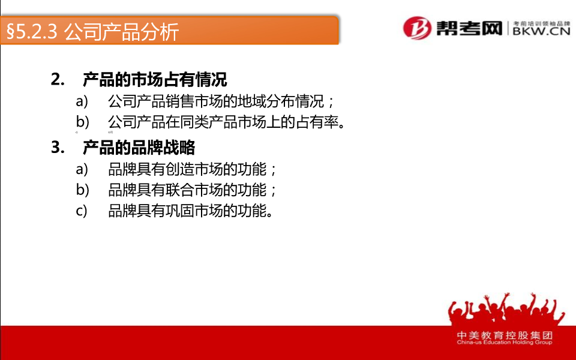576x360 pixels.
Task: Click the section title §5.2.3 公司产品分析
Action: pyautogui.click(x=92, y=31)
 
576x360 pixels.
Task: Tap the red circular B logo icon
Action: pyautogui.click(x=418, y=28)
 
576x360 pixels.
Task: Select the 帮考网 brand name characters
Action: pyautogui.click(x=469, y=28)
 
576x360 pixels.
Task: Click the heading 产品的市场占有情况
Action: pyautogui.click(x=155, y=79)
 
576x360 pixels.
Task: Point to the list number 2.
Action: pyautogui.click(x=58, y=79)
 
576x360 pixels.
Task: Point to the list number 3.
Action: pyautogui.click(x=58, y=148)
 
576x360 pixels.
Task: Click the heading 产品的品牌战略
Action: pyautogui.click(x=139, y=148)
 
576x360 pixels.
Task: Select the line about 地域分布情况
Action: pyautogui.click(x=220, y=101)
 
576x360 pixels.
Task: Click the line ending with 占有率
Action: pyautogui.click(x=226, y=122)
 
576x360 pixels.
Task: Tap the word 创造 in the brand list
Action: pyautogui.click(x=179, y=169)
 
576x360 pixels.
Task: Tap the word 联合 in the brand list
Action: pyautogui.click(x=179, y=190)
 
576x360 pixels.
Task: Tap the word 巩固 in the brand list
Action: pyautogui.click(x=179, y=211)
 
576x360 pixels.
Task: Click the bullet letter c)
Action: pyautogui.click(x=82, y=211)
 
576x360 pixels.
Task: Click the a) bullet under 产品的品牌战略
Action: pyautogui.click(x=82, y=169)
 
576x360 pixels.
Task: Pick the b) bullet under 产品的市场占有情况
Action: pyautogui.click(x=83, y=122)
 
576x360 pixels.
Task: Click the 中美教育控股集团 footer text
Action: pyautogui.click(x=505, y=335)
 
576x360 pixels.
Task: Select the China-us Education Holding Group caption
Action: pyautogui.click(x=505, y=343)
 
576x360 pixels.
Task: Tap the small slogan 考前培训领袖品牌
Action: pyautogui.click(x=541, y=23)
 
